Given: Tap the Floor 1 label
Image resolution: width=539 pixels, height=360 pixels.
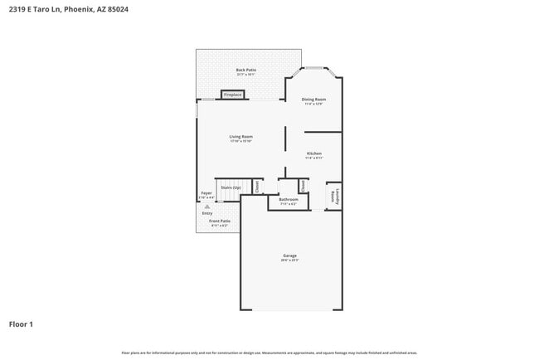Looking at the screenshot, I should pyautogui.click(x=22, y=324).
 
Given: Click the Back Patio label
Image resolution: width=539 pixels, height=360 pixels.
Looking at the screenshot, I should pyautogui.click(x=245, y=71).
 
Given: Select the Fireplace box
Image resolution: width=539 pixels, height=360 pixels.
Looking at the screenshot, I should pyautogui.click(x=233, y=95).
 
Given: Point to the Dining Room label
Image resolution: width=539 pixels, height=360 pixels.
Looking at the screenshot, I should pyautogui.click(x=313, y=100).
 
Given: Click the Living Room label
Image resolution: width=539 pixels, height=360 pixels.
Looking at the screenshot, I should pyautogui.click(x=241, y=137).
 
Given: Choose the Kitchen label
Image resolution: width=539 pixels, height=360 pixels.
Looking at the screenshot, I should pyautogui.click(x=314, y=153).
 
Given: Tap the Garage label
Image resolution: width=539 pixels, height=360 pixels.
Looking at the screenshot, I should pyautogui.click(x=289, y=255).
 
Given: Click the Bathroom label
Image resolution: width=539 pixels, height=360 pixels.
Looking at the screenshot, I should pyautogui.click(x=289, y=199).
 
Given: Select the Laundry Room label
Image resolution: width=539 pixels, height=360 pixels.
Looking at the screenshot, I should pyautogui.click(x=335, y=197).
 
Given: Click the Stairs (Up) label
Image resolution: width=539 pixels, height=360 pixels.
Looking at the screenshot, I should pyautogui.click(x=231, y=188).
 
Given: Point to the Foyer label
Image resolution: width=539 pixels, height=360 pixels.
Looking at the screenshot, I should pyautogui.click(x=206, y=193).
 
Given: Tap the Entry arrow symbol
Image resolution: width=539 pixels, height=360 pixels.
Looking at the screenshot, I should pyautogui.click(x=207, y=206).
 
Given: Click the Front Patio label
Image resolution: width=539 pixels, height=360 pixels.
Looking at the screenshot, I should pyautogui.click(x=220, y=221).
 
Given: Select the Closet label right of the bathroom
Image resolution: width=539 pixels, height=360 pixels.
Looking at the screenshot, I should pyautogui.click(x=303, y=187).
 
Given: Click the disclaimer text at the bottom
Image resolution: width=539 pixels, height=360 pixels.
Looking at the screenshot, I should pyautogui.click(x=269, y=353).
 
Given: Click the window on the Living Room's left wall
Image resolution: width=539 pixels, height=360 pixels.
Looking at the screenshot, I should pyautogui.click(x=197, y=109).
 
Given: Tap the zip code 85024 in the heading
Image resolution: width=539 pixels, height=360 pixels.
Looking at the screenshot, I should pyautogui.click(x=117, y=10).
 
